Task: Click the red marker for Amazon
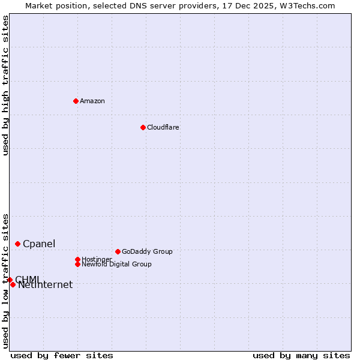(76, 101)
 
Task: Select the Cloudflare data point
(143, 127)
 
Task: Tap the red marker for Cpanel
(17, 244)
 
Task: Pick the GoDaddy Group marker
(118, 251)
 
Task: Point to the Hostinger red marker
(77, 259)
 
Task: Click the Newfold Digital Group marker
(77, 264)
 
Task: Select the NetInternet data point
(13, 284)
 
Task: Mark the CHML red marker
(10, 280)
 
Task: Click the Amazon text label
(92, 101)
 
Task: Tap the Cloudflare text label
(163, 127)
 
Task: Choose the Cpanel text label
(39, 244)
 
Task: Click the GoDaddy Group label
(147, 251)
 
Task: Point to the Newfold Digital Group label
(117, 264)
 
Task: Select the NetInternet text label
(46, 285)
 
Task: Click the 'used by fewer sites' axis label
(62, 355)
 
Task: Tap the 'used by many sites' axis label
(301, 355)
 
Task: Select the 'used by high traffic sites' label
(6, 85)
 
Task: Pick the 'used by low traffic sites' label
(6, 280)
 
